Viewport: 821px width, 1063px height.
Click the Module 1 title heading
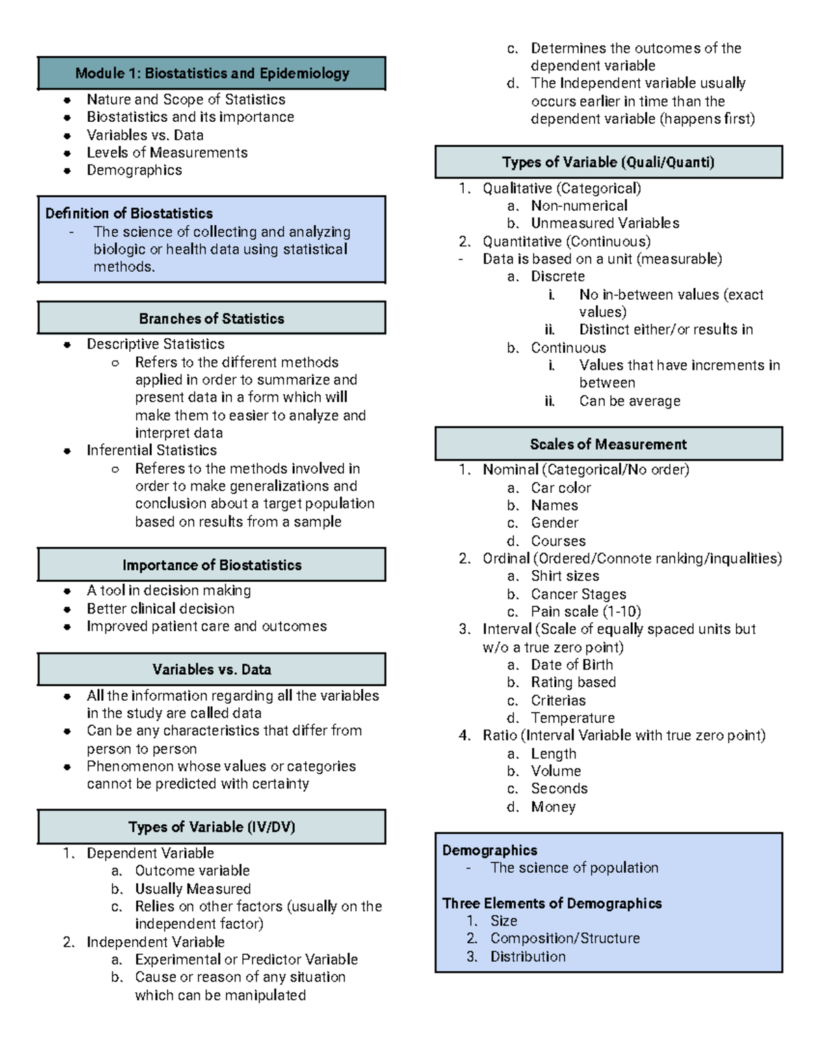212,73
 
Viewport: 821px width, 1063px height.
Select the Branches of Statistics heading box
211,318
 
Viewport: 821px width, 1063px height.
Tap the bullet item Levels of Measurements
167,153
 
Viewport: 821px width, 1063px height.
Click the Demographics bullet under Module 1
134,170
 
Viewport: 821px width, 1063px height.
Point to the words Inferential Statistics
151,450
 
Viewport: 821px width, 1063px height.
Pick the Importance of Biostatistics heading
211,565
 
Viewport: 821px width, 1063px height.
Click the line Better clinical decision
160,609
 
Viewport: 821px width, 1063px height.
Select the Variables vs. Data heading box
211,669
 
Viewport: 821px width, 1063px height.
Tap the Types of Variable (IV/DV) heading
211,827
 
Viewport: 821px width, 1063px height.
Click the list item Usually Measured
192,888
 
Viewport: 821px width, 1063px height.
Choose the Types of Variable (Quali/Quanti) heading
608,162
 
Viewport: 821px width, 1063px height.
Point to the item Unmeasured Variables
605,223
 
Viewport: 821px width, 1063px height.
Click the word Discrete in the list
558,277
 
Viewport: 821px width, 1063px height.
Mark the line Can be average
629,401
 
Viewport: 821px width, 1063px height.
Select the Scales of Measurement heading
608,444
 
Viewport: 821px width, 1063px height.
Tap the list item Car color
560,488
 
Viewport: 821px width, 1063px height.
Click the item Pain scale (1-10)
586,611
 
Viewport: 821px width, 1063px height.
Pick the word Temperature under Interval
573,718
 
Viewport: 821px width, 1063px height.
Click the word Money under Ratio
553,807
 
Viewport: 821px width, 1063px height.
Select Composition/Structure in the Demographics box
564,938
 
